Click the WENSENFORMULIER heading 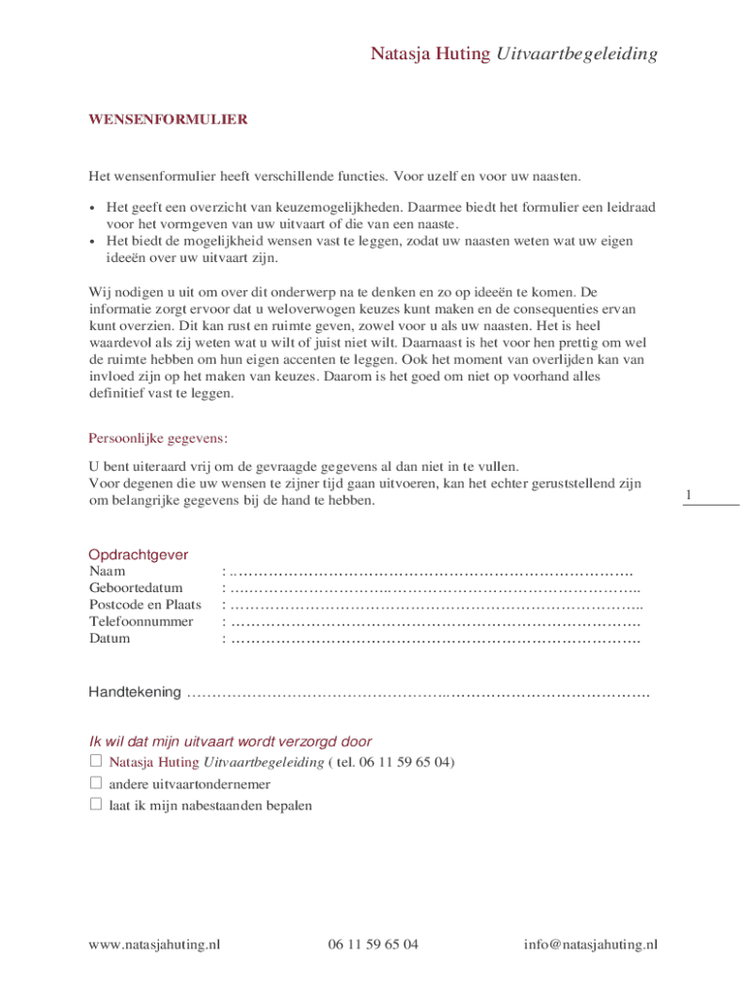click(168, 120)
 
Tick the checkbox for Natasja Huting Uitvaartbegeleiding click(96, 761)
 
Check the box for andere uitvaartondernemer click(96, 782)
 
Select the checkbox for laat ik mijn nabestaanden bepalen click(96, 804)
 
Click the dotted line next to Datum click(436, 639)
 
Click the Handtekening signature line click(417, 693)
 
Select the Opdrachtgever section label click(138, 555)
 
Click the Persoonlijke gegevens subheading click(158, 438)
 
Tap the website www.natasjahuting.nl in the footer click(154, 944)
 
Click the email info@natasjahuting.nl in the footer click(591, 944)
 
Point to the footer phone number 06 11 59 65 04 click(373, 944)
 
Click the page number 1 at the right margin click(688, 496)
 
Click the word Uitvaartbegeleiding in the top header click(577, 54)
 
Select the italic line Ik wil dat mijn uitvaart click(231, 741)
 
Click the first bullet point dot click(92, 208)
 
